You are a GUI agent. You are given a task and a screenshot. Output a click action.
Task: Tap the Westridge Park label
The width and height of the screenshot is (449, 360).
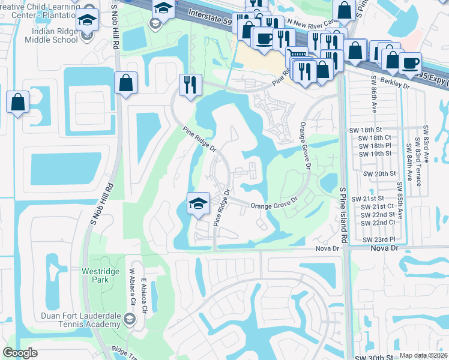(100, 275)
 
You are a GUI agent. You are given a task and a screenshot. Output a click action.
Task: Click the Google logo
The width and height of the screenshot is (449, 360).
(20, 353)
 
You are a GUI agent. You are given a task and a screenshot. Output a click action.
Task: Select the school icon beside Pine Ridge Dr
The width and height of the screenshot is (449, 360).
(198, 203)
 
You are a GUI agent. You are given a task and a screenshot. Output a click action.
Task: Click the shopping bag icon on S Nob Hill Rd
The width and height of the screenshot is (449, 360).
(126, 83)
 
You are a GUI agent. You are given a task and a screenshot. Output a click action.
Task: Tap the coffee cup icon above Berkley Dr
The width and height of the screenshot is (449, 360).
(410, 62)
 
